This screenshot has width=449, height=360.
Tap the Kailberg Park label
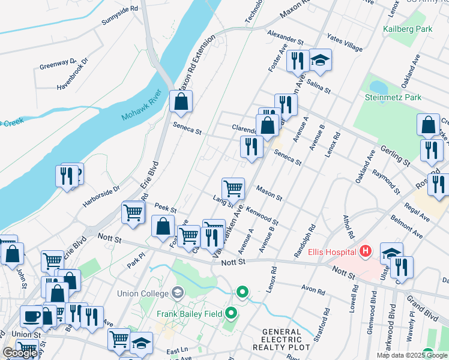coord(407,28)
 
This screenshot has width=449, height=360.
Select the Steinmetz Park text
coord(393,97)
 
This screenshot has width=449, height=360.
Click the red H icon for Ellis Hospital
coord(365,251)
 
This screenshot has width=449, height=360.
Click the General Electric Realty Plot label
coord(282,340)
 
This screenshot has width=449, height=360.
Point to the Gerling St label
coord(394,155)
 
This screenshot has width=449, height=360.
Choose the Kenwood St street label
coord(262,214)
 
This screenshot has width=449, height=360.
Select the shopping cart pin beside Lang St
coord(233,188)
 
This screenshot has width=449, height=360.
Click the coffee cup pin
coord(31,316)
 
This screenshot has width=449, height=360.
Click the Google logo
coord(20,353)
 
